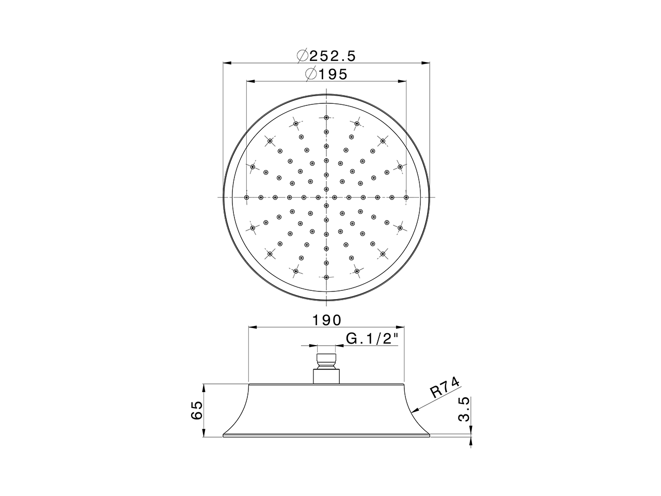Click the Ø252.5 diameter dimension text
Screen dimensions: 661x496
click(x=326, y=56)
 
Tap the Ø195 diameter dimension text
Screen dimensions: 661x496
click(x=326, y=74)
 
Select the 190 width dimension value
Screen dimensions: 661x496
click(x=326, y=320)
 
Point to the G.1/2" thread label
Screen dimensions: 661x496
click(x=372, y=339)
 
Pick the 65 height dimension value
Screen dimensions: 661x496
click(x=197, y=410)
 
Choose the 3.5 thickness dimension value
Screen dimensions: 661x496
click(x=463, y=409)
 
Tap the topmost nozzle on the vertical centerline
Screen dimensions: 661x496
click(x=326, y=117)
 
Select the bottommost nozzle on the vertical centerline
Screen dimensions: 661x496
click(x=326, y=277)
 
